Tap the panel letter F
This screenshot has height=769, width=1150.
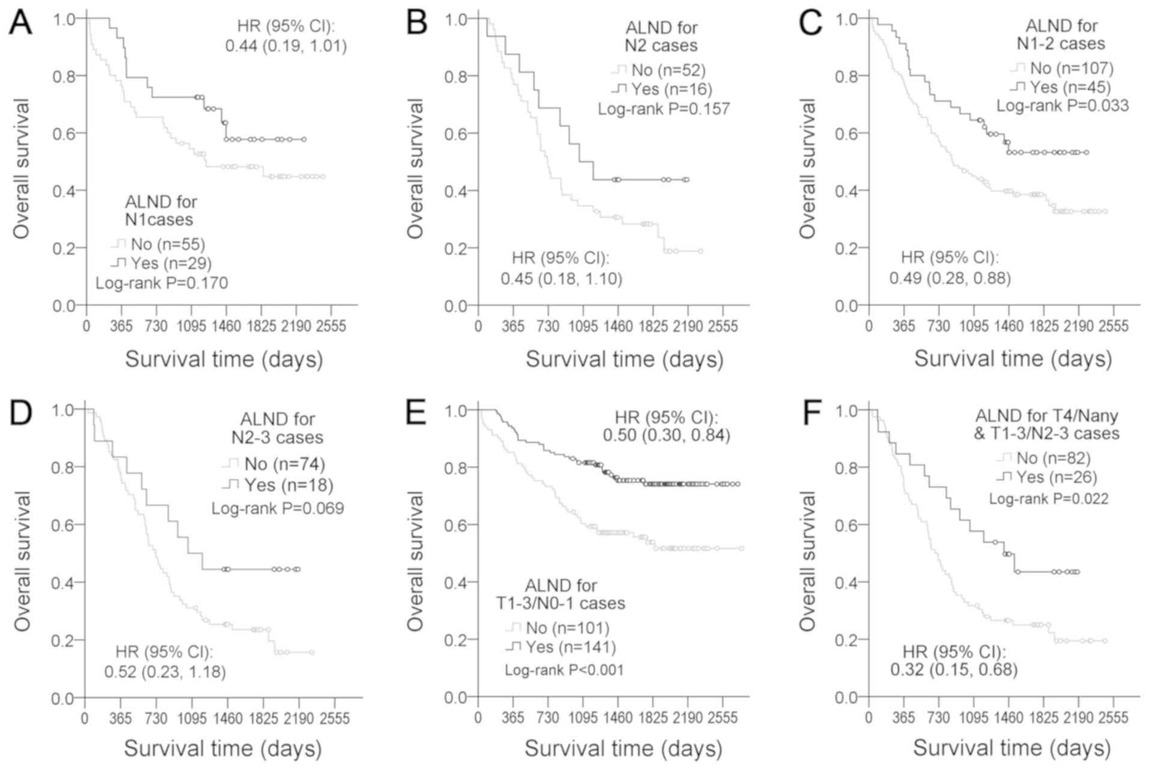[x=812, y=414]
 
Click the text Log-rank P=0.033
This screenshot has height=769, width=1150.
[x=1062, y=106]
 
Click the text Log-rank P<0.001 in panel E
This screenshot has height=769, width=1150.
[x=564, y=670]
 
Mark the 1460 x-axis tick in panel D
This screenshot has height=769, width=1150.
[x=227, y=719]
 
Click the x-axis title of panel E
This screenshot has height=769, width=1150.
[x=623, y=749]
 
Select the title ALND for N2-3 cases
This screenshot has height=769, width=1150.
[x=277, y=428]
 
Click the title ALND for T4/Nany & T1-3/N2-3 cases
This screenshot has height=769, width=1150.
[x=1046, y=424]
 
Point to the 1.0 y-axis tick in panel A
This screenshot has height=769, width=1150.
[x=64, y=19]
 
